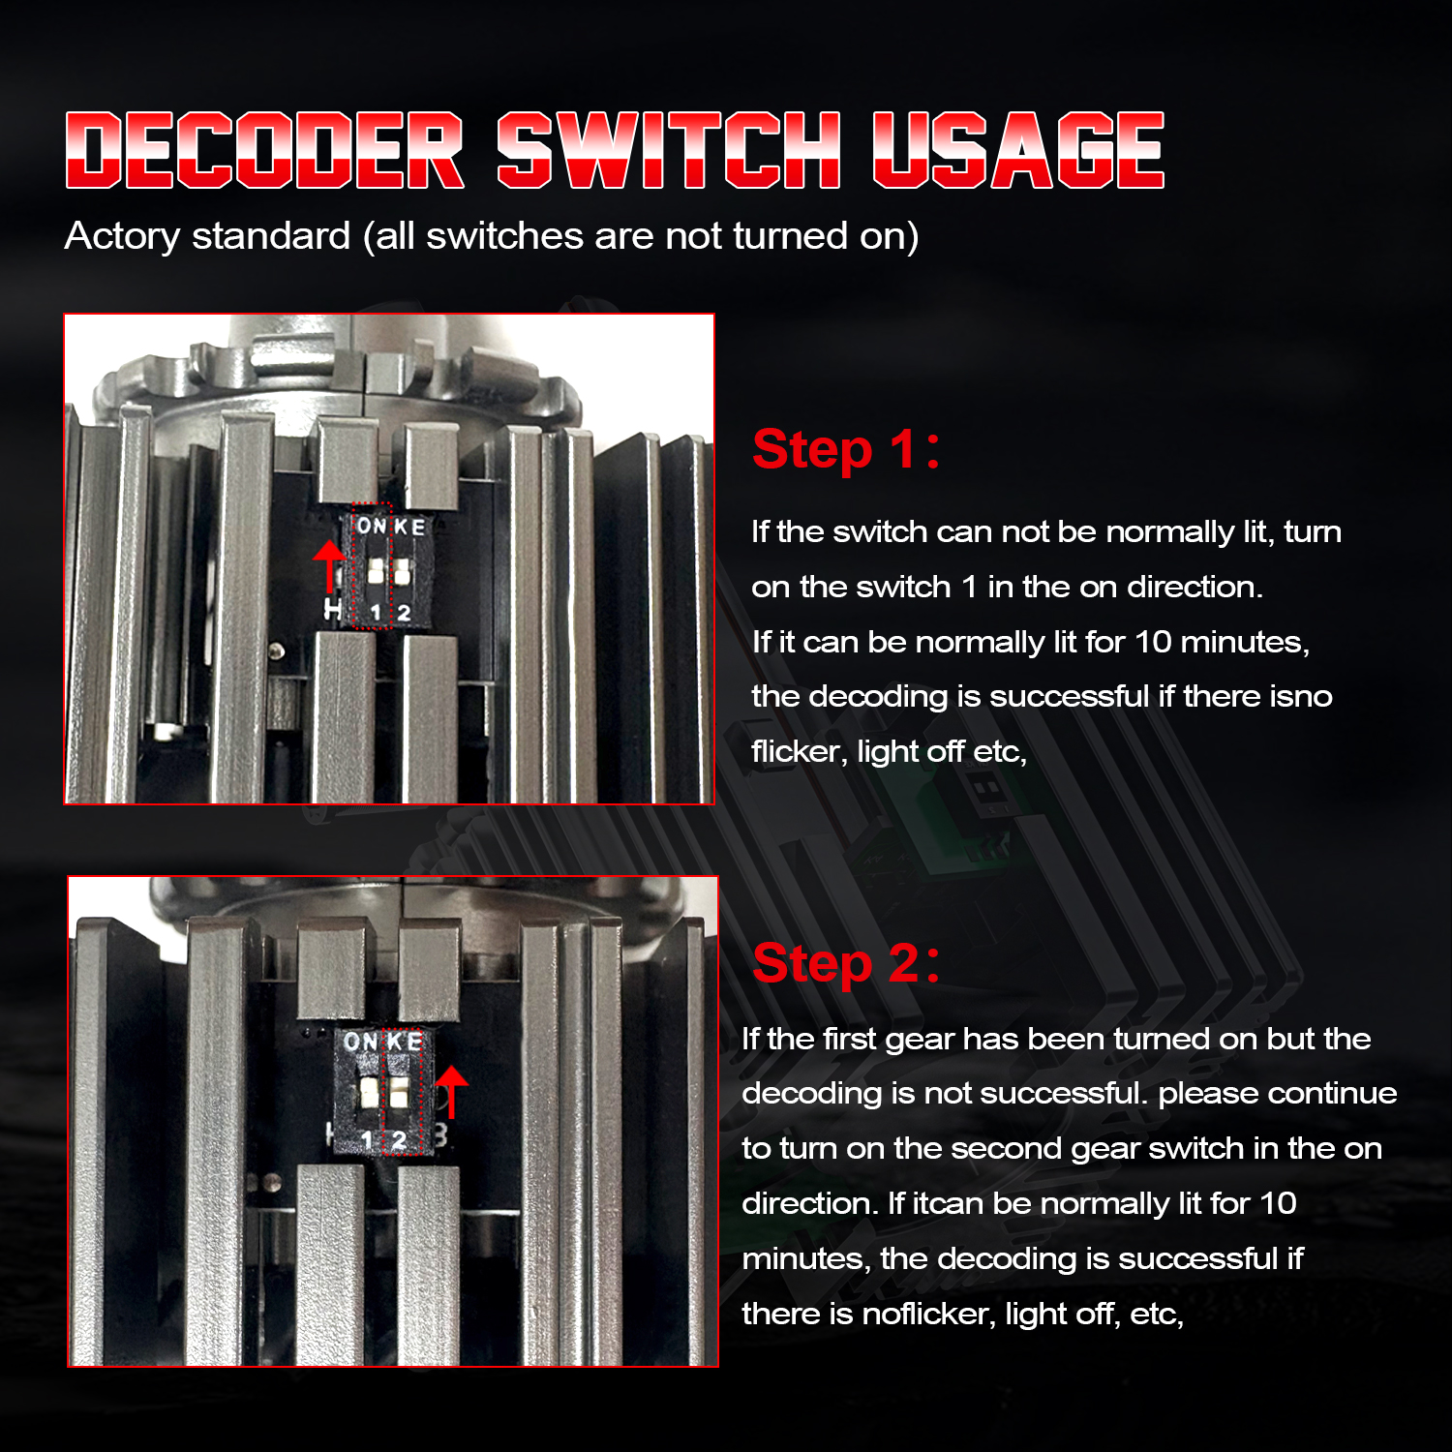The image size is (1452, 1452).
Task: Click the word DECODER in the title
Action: [265, 150]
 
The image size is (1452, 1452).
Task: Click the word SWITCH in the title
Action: [669, 150]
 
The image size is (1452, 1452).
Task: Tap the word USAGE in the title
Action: [1018, 150]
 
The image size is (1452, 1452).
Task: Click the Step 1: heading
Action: [846, 450]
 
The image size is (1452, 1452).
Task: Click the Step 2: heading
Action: [846, 964]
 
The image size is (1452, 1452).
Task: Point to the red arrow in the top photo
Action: [330, 566]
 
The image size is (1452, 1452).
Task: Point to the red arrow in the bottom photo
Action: [451, 1092]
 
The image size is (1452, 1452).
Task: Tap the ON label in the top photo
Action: [372, 526]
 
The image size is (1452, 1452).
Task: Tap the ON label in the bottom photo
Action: [360, 1042]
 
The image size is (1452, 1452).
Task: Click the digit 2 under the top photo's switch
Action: [404, 613]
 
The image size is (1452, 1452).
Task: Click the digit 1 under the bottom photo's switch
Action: [367, 1141]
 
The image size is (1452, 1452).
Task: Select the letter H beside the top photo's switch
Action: [333, 610]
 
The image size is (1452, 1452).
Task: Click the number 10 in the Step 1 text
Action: [1153, 642]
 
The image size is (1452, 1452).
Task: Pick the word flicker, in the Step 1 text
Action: [800, 751]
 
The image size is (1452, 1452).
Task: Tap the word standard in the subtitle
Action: [271, 236]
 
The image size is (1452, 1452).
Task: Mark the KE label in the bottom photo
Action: [406, 1042]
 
